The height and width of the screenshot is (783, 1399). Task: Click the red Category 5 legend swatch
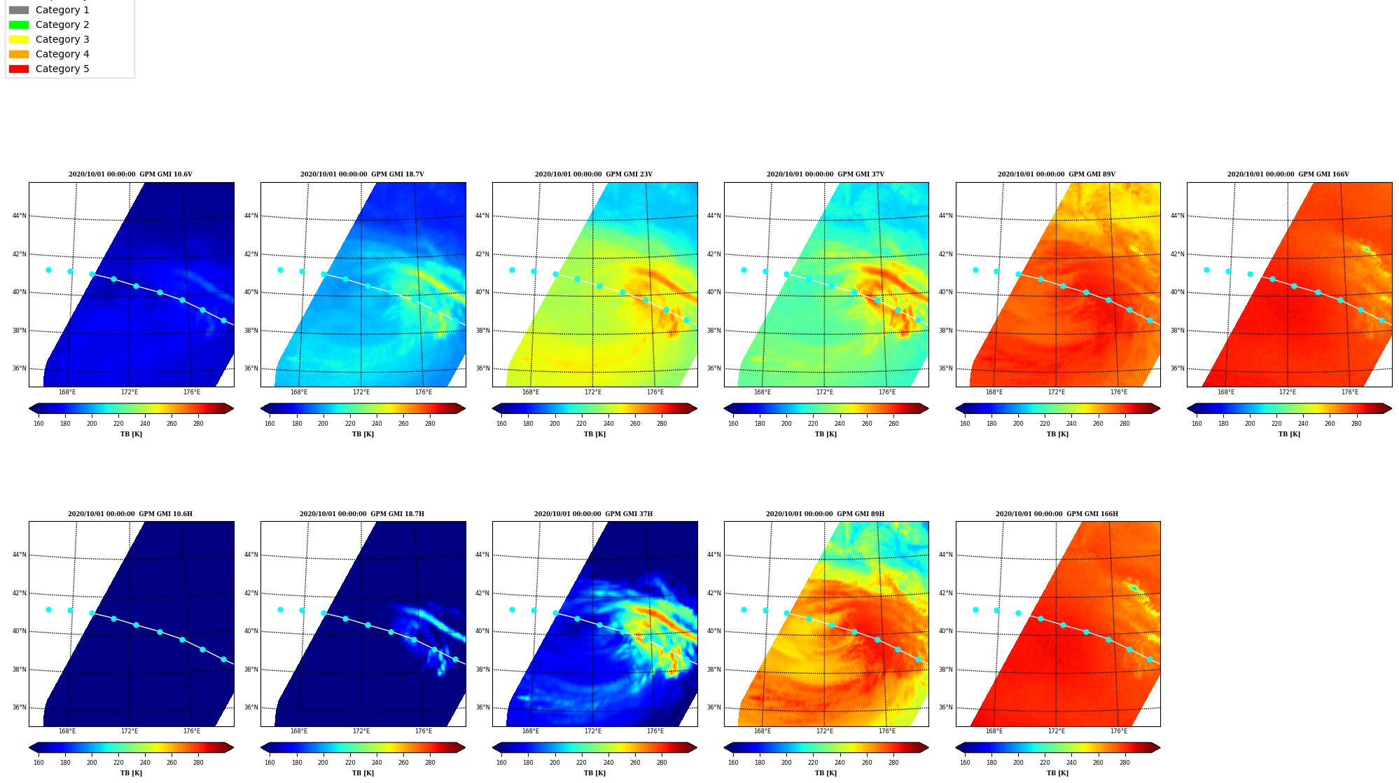pyautogui.click(x=19, y=69)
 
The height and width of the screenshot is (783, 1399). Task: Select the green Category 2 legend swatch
pyautogui.click(x=19, y=25)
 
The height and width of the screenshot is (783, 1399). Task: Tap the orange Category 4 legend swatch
pyautogui.click(x=19, y=54)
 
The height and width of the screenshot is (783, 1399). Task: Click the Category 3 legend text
pyautogui.click(x=62, y=39)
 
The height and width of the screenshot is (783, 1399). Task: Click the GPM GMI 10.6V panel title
pyautogui.click(x=130, y=174)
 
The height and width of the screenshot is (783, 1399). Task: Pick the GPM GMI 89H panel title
pyautogui.click(x=825, y=514)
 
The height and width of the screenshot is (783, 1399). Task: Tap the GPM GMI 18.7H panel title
pyautogui.click(x=362, y=514)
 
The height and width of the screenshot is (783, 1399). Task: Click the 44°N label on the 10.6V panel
pyautogui.click(x=20, y=216)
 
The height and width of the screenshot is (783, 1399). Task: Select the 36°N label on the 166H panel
pyautogui.click(x=946, y=707)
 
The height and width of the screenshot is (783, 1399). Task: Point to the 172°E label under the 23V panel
pyautogui.click(x=593, y=392)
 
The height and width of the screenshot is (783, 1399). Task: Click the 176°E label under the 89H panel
pyautogui.click(x=887, y=731)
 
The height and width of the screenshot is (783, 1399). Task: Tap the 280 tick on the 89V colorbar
pyautogui.click(x=1125, y=423)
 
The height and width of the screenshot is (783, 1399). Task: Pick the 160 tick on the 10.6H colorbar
pyautogui.click(x=39, y=763)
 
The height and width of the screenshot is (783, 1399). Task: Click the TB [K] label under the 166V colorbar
pyautogui.click(x=1289, y=434)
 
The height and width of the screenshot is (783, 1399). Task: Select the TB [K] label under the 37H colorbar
pyautogui.click(x=594, y=773)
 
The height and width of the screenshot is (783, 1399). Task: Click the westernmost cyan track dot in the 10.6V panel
pyautogui.click(x=48, y=270)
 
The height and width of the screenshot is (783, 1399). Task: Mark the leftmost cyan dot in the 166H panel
pyautogui.click(x=975, y=609)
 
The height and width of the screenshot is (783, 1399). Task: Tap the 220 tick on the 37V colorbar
pyautogui.click(x=813, y=423)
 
